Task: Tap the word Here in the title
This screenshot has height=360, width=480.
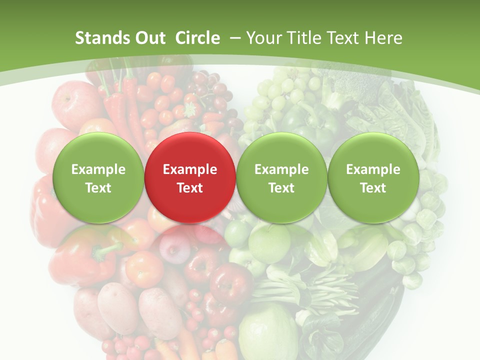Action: click(x=383, y=38)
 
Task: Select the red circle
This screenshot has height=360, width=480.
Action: click(x=190, y=177)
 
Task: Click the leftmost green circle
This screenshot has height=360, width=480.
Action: click(x=98, y=177)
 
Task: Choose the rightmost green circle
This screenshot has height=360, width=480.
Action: click(x=373, y=177)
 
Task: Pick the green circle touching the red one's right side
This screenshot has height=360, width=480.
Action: click(x=281, y=177)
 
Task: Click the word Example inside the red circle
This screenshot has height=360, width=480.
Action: click(x=190, y=169)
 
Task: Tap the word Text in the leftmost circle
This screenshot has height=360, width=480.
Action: click(x=98, y=188)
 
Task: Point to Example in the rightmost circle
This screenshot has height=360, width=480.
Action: click(x=373, y=169)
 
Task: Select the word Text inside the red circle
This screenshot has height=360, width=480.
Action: click(x=190, y=188)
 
